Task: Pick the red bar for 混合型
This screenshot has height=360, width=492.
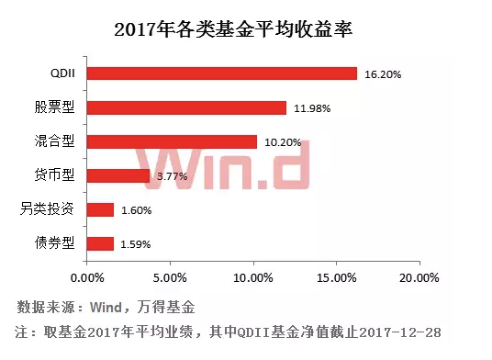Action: [x=171, y=141]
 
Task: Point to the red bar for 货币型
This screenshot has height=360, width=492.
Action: [x=117, y=175]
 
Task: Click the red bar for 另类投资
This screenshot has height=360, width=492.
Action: [x=99, y=209]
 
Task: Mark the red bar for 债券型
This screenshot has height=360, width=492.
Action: [x=99, y=243]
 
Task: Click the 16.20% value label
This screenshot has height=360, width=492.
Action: [x=383, y=73]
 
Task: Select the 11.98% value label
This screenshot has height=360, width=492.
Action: [x=313, y=108]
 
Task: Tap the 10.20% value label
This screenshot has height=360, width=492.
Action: [x=284, y=142]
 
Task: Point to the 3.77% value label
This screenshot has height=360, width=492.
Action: [x=172, y=175]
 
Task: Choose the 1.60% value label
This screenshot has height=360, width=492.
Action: [x=136, y=210]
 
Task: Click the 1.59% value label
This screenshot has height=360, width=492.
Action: [x=136, y=244]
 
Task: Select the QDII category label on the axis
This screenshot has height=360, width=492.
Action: [x=61, y=73]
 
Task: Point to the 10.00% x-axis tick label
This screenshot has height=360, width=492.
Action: [x=252, y=276]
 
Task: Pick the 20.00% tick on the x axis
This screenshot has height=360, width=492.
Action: [x=418, y=276]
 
